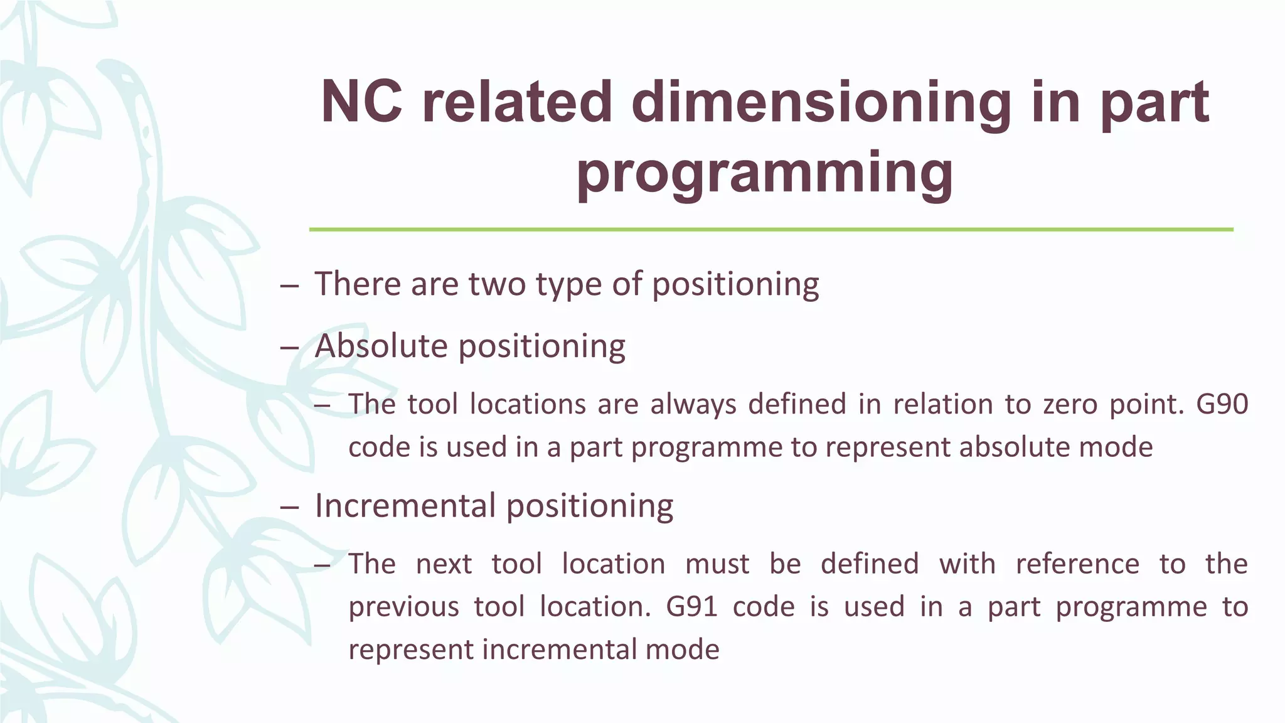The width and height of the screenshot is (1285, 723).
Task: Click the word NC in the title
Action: [361, 102]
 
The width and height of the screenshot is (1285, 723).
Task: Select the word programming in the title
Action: [765, 173]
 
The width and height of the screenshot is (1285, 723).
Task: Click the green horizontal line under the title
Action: [770, 230]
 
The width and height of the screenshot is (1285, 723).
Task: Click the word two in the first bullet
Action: [497, 284]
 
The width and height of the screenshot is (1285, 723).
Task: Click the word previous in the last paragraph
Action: [403, 607]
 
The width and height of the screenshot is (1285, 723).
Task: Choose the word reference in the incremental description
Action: [1077, 564]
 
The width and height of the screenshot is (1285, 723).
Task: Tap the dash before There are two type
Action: [289, 286]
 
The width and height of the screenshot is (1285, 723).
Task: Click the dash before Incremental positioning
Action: [289, 507]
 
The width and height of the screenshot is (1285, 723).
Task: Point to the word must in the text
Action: [717, 564]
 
